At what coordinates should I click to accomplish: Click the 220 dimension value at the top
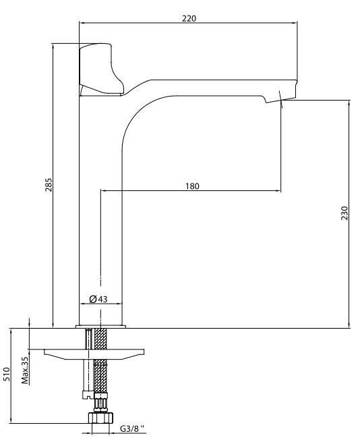tap(189, 18)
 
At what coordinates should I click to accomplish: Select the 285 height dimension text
tap(49, 185)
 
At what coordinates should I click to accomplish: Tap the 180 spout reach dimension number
tap(192, 186)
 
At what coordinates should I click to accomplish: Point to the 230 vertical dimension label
tap(344, 213)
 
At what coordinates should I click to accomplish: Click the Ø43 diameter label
tap(98, 299)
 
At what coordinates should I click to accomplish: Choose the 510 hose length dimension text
tap(7, 374)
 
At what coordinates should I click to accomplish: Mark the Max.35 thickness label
tap(26, 370)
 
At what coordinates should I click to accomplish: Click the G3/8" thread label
tap(132, 428)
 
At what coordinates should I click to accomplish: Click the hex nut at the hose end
tap(100, 418)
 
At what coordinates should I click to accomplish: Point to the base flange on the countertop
tap(100, 327)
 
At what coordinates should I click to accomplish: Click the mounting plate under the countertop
tap(94, 354)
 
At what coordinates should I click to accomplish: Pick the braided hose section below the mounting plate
tap(100, 376)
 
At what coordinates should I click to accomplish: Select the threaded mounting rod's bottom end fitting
tap(88, 395)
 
